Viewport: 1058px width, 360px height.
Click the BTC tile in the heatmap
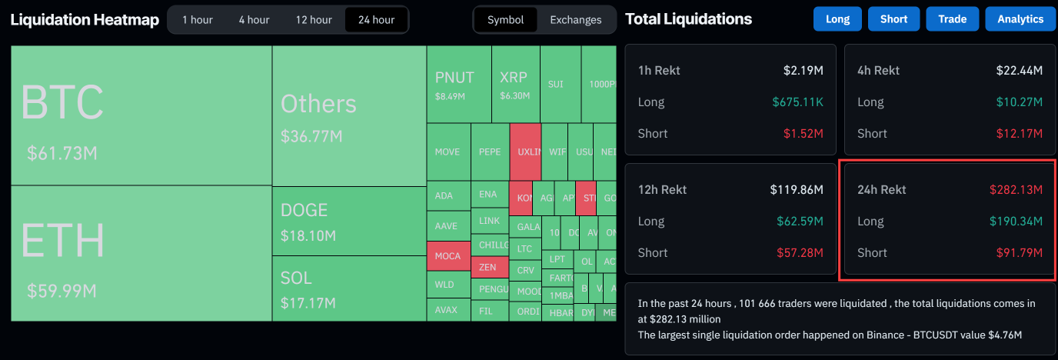141,115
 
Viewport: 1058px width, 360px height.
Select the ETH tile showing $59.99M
141,253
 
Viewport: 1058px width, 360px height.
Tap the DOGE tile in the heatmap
349,222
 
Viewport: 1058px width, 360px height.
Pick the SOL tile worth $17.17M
349,288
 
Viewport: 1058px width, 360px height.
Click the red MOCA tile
447,255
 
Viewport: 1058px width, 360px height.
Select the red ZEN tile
488,267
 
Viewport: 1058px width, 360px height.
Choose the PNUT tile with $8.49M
458,84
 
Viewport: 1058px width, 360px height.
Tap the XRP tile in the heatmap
514,84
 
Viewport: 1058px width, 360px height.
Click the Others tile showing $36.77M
349,115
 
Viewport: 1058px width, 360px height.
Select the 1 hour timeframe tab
198,20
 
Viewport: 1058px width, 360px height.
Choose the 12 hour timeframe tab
314,20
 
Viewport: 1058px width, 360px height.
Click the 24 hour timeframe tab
376,20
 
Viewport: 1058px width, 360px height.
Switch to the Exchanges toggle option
575,20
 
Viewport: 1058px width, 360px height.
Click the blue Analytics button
1020,19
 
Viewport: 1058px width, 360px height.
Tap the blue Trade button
952,19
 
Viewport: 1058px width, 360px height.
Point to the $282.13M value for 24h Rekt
1016,189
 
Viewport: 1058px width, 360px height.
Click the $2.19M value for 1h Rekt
803,70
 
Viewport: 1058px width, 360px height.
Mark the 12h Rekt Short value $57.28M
797,252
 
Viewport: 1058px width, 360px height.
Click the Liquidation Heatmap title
85,20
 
